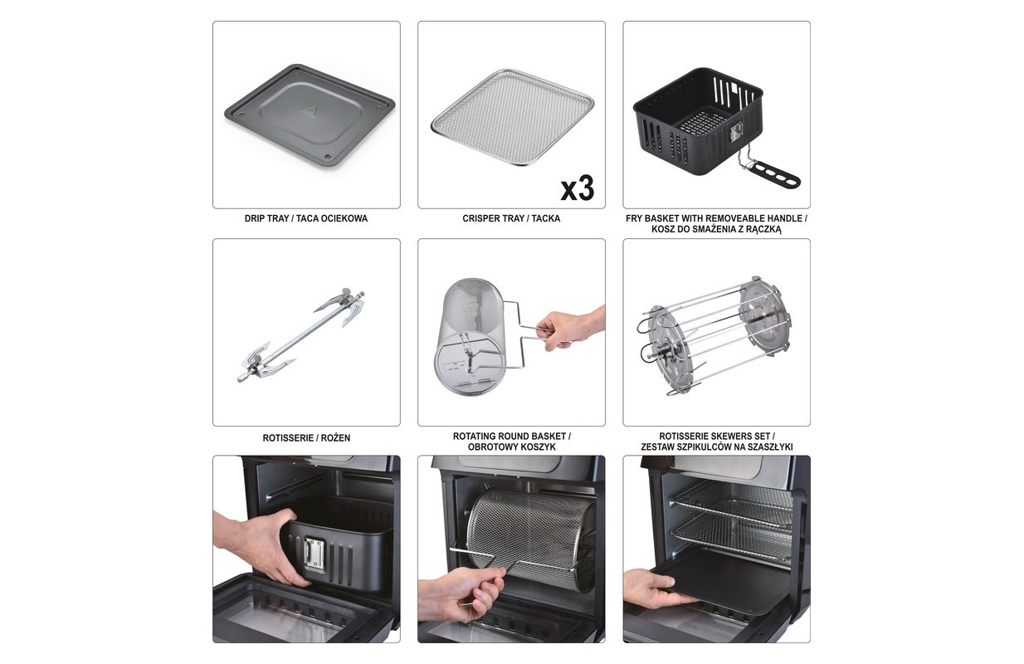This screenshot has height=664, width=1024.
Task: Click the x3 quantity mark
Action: (x=578, y=188)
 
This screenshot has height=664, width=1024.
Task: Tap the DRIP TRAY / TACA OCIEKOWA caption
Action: (x=306, y=218)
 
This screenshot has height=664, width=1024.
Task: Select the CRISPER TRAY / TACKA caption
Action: (x=511, y=218)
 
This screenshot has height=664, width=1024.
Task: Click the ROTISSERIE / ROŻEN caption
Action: (x=306, y=437)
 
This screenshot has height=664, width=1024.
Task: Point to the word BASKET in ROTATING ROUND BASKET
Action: (x=549, y=437)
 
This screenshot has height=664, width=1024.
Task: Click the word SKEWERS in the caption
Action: (x=730, y=437)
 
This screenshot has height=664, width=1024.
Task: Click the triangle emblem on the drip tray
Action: (x=309, y=111)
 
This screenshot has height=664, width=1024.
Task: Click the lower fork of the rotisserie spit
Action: (x=266, y=361)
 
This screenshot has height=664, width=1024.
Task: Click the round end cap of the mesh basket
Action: (x=470, y=362)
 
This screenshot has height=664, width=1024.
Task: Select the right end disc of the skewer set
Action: (x=764, y=320)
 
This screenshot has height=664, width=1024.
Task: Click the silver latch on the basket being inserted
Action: (x=315, y=553)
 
